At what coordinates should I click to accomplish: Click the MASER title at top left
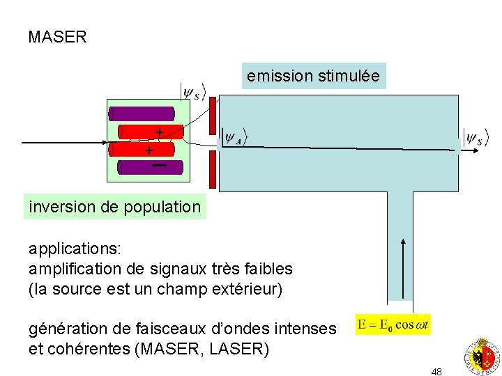57,38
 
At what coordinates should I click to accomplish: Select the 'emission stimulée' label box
314,76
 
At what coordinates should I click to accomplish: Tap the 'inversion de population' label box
115,207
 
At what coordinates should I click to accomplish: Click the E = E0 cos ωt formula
393,324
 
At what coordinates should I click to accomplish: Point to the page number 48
436,372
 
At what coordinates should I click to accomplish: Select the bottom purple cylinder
150,167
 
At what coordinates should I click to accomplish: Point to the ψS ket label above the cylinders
194,93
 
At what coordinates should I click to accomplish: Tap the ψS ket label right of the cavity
475,138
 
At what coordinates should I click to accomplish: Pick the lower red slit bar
213,169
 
